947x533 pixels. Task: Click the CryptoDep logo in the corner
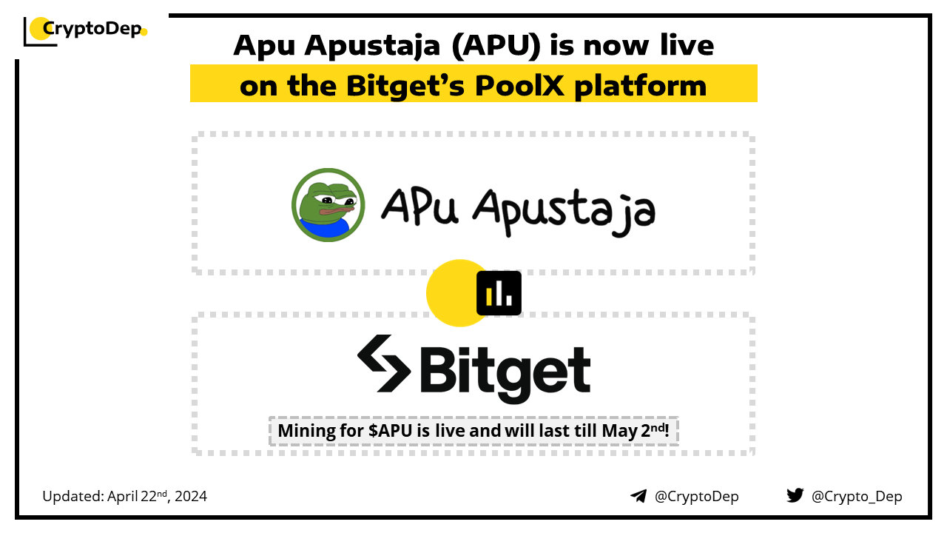click(85, 31)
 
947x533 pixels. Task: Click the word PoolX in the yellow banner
click(519, 86)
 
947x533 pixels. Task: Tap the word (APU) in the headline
click(496, 46)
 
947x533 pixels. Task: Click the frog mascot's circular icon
click(328, 205)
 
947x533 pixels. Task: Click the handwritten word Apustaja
click(565, 212)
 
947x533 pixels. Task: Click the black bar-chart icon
click(499, 293)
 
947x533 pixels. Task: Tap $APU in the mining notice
click(390, 431)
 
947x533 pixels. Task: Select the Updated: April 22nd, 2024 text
click(125, 496)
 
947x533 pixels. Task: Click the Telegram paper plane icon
click(638, 496)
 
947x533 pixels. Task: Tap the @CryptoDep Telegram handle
click(697, 497)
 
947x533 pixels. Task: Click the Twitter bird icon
click(795, 495)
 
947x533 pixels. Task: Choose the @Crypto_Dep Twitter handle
click(857, 497)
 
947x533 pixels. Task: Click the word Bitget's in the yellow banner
click(405, 86)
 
